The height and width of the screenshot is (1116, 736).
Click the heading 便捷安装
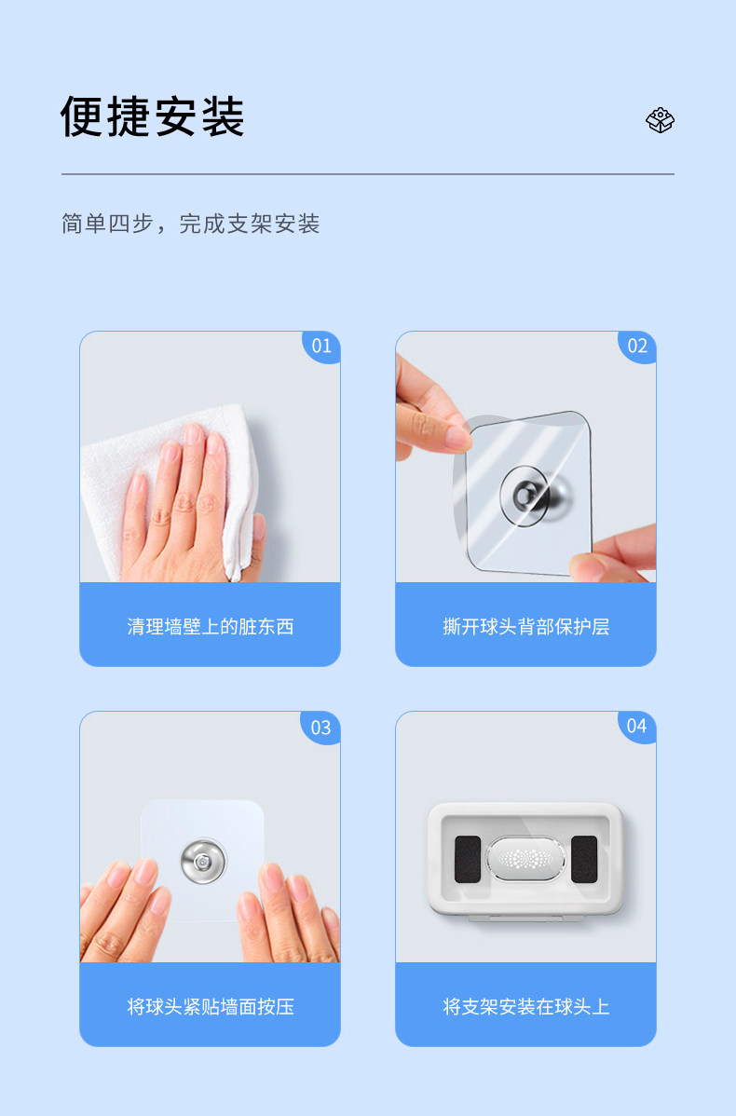(x=153, y=116)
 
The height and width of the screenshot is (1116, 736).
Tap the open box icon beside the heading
(x=660, y=119)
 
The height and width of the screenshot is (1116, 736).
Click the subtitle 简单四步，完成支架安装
(x=190, y=224)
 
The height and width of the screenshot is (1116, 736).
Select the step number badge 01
(x=321, y=347)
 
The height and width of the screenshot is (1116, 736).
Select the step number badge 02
(x=637, y=347)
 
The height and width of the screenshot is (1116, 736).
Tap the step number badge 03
(x=321, y=728)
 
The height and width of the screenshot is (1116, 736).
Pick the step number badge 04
(x=637, y=727)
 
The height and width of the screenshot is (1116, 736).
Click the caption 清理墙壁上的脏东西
(x=210, y=626)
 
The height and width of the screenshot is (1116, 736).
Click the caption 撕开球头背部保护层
(x=526, y=626)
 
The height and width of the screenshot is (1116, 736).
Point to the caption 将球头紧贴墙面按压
(x=210, y=1006)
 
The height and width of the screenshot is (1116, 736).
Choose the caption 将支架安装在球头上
(x=526, y=1006)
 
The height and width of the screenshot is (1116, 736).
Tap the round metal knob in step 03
(x=204, y=861)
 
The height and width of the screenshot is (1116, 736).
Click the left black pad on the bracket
(x=468, y=859)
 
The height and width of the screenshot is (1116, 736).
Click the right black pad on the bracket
(x=584, y=859)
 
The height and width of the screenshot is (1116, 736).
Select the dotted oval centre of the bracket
(x=526, y=858)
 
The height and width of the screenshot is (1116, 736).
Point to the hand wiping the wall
(x=186, y=505)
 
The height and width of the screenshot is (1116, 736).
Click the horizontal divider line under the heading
(x=368, y=173)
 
